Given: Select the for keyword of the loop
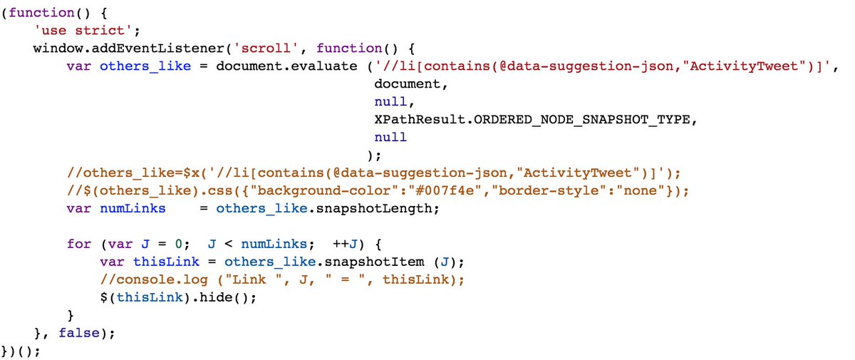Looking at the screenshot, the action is [78, 244].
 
